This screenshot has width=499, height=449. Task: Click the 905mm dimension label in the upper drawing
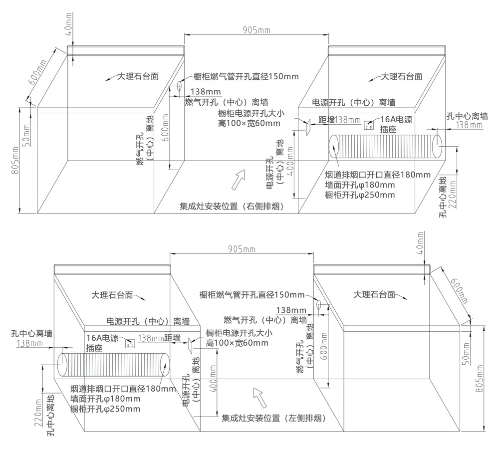(256, 30)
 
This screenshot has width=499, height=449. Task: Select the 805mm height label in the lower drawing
(481, 379)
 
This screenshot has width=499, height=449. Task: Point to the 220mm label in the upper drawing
(453, 194)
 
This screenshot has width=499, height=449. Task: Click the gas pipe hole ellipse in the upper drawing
(178, 86)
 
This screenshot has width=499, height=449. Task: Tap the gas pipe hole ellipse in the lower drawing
(318, 304)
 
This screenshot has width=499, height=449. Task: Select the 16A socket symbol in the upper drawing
(370, 124)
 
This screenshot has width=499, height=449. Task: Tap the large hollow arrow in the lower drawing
(260, 397)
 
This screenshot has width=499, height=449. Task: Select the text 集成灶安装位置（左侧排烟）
(273, 419)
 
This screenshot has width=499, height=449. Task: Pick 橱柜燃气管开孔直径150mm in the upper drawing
(243, 76)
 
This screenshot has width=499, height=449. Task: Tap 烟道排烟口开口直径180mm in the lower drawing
(123, 389)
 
